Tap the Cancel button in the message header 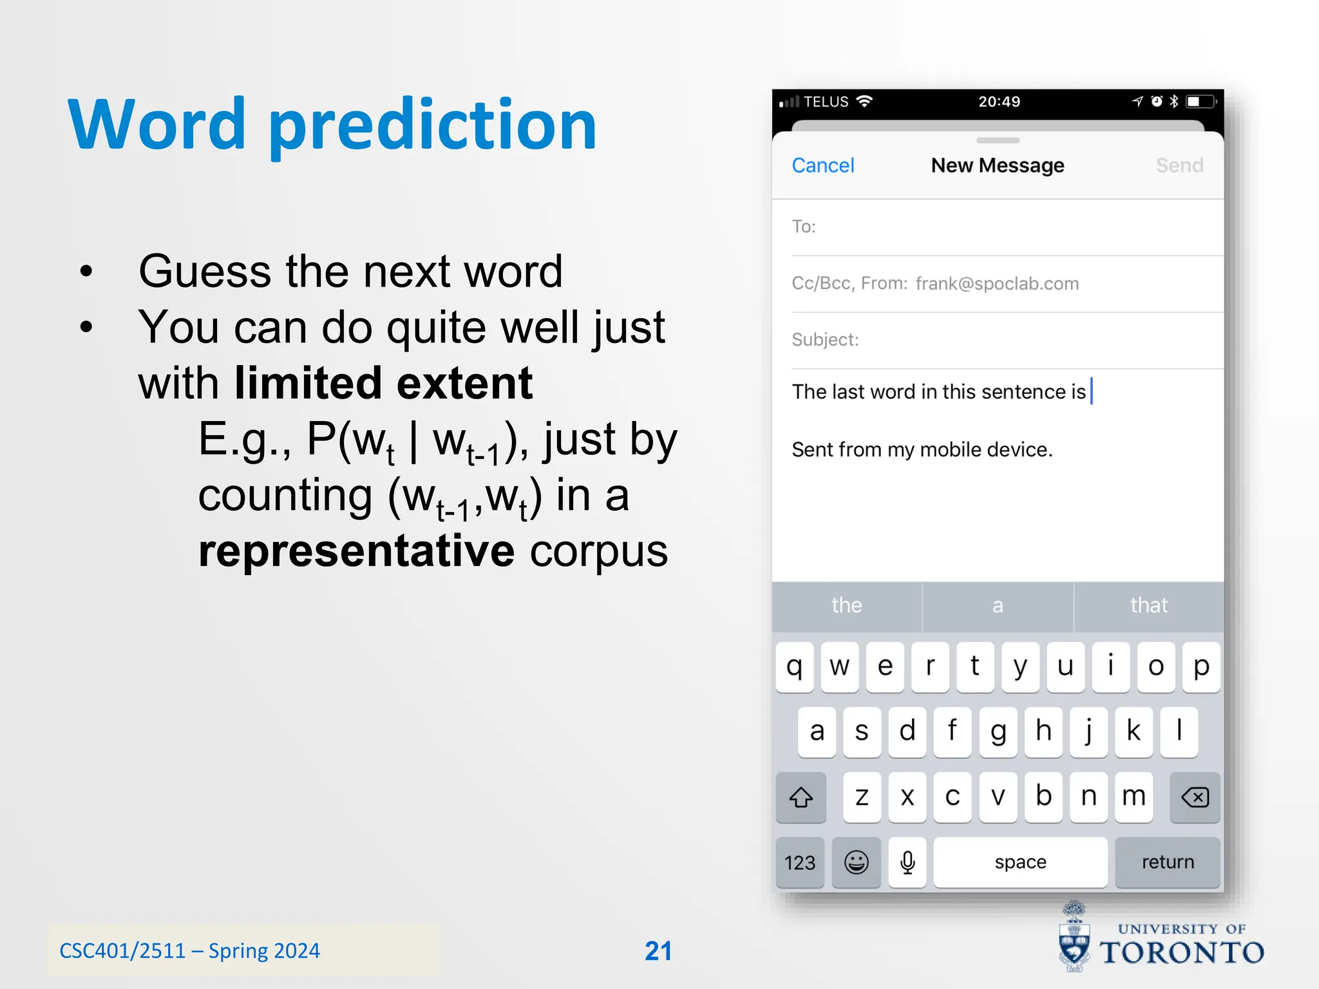822,165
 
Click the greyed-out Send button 1179,165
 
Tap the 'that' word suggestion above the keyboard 1148,605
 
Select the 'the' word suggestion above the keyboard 846,605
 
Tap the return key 1167,862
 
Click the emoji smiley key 856,862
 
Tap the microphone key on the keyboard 907,862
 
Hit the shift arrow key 801,797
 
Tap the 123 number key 799,862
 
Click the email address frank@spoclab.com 997,284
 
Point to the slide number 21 658,951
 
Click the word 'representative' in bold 356,551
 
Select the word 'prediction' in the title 433,126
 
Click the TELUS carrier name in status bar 826,102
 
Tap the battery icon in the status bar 1200,102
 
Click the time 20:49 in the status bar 999,102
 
